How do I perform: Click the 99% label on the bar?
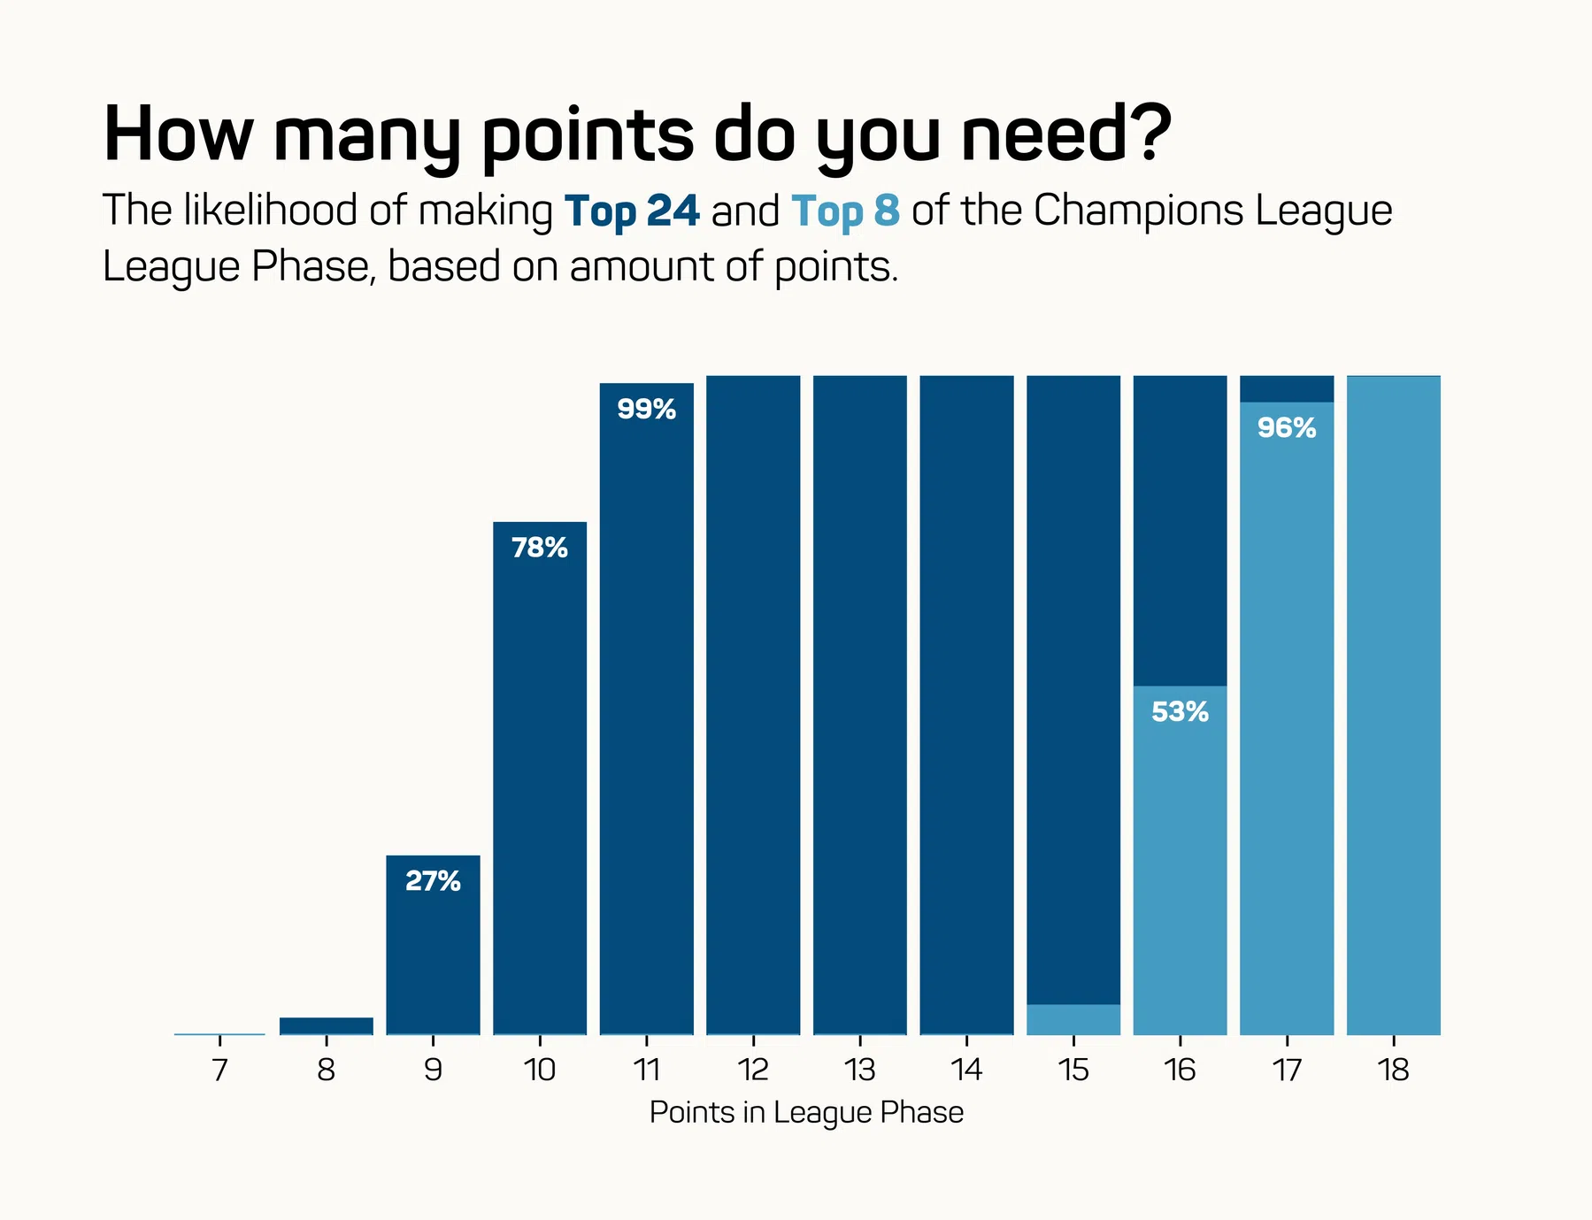point(646,410)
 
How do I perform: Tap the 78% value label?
point(540,549)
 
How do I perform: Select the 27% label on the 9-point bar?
point(433,881)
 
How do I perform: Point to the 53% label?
point(1180,712)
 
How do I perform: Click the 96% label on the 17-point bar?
point(1287,428)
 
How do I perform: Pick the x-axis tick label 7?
point(219,1070)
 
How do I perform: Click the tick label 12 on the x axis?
point(753,1070)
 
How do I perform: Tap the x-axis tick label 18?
point(1393,1070)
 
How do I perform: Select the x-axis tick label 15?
point(1073,1070)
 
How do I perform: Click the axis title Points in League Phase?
point(806,1112)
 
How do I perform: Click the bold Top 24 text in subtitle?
point(632,211)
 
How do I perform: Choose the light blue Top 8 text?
point(845,211)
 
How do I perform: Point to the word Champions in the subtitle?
point(1138,211)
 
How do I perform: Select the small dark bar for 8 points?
point(327,1025)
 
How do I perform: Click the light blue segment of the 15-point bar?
point(1073,1019)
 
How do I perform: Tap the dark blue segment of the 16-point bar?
point(1180,531)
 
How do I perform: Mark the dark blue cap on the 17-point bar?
point(1287,388)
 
